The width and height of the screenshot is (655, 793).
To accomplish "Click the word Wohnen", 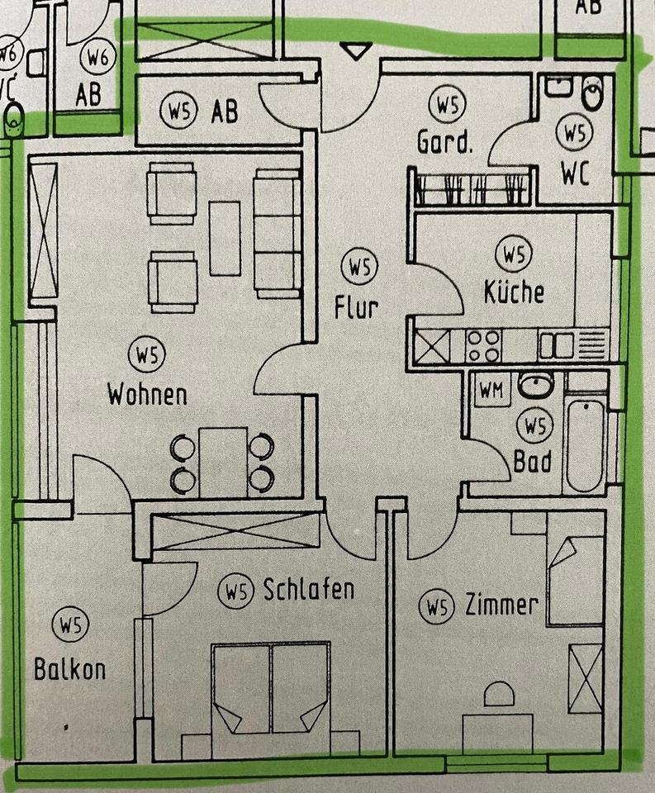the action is (147, 394).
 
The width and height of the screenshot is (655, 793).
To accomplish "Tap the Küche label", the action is (514, 292).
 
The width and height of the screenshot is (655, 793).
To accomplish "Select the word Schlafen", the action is (308, 589).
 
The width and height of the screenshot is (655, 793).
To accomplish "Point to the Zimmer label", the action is (501, 605).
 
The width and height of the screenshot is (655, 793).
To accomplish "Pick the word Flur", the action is (357, 307).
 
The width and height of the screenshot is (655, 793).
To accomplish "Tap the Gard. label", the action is (445, 144).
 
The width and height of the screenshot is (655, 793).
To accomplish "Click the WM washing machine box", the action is (490, 392).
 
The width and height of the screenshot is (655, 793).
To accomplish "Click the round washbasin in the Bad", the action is (535, 386).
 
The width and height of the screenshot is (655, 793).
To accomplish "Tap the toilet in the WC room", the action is (592, 95).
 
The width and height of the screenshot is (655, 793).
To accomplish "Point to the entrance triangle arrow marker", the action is (356, 52).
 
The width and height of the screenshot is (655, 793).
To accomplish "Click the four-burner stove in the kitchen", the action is (482, 345).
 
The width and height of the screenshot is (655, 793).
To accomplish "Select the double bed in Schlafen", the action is (271, 694).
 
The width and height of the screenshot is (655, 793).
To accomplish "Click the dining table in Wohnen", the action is (223, 463).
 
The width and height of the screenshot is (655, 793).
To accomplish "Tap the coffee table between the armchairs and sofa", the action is (224, 238).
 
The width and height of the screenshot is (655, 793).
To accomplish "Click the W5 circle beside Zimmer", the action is (437, 609).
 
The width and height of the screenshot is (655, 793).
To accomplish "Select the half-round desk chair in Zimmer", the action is (499, 695).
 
